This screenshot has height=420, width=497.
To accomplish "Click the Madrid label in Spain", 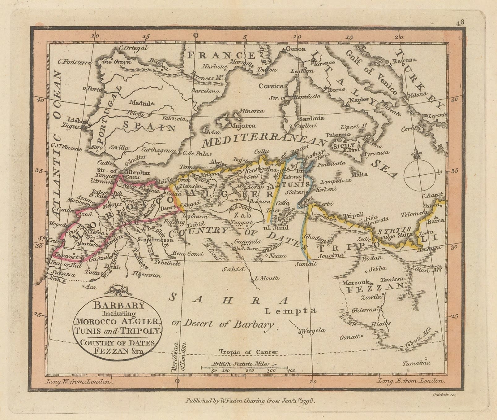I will pyautogui.click(x=140, y=103).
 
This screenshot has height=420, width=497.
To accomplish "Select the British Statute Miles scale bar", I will pyautogui.click(x=244, y=368).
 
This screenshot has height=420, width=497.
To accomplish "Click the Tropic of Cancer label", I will pyautogui.click(x=248, y=352).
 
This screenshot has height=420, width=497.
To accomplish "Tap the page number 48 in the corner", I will pyautogui.click(x=460, y=22).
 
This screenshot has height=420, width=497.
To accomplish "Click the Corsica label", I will pyautogui.click(x=271, y=86).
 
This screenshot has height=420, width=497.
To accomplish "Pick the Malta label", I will pyautogui.click(x=360, y=174).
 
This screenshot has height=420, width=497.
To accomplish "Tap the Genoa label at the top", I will pyautogui.click(x=295, y=49).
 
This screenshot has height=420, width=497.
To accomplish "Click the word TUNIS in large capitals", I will pyautogui.click(x=295, y=184).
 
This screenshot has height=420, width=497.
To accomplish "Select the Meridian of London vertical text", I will pyautogui.click(x=179, y=356).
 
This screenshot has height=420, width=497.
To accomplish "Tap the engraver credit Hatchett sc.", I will pyautogui.click(x=443, y=395).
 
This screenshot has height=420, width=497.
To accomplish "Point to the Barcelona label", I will pyautogui.click(x=205, y=91).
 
